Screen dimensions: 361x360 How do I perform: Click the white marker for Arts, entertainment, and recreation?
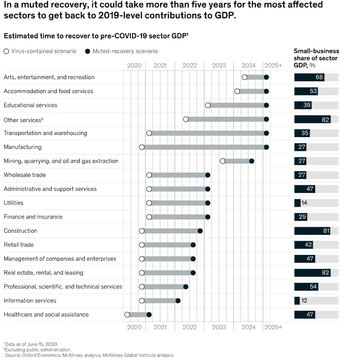tap(244, 77)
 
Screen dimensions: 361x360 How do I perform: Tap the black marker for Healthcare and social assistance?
tap(149, 314)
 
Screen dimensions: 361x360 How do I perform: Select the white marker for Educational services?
tap(207, 105)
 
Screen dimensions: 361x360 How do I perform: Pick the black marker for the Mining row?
tap(251, 161)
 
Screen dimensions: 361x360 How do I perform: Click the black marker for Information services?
tap(178, 301)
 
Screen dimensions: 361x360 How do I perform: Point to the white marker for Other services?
tap(186, 119)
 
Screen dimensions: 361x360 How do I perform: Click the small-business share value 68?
tap(319, 77)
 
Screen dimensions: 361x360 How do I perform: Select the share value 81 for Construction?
tap(326, 231)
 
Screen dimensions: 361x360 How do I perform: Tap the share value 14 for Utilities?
tap(304, 203)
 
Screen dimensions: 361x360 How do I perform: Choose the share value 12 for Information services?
tap(304, 301)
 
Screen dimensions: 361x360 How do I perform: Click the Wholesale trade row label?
tap(25, 175)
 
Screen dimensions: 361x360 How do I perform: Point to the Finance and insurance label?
tap(33, 217)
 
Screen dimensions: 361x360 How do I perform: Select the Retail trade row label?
tap(19, 245)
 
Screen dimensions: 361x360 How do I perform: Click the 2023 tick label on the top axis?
tap(219, 65)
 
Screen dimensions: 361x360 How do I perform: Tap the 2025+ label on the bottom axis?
tap(273, 327)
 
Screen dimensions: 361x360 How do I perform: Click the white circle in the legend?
tap(6, 51)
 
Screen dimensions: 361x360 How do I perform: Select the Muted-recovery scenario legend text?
tap(125, 51)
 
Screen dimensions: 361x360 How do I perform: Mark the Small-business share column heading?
tap(316, 58)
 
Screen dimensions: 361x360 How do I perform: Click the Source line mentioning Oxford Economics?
tap(89, 355)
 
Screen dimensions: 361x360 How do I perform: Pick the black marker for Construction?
tap(200, 231)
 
